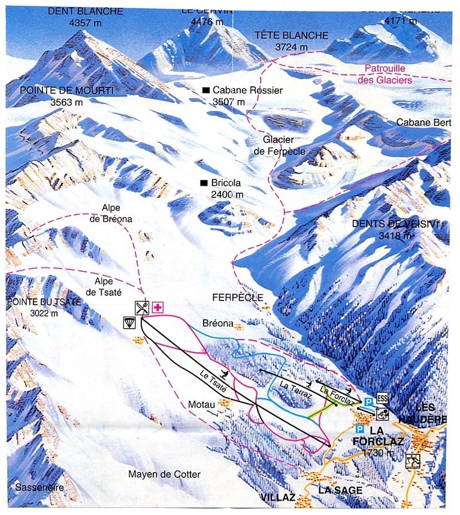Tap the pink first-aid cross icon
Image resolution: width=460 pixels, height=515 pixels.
click(x=158, y=308)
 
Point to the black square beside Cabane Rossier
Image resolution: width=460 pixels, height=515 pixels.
click(x=206, y=90)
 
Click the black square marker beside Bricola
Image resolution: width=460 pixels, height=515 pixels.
click(x=204, y=183)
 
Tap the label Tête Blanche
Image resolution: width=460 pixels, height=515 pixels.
click(x=291, y=35)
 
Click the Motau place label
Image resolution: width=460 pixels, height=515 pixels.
click(x=201, y=404)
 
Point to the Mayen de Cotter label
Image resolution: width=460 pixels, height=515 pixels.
click(x=164, y=474)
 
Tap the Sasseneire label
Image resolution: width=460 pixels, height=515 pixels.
click(x=40, y=487)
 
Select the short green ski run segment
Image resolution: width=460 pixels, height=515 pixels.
click(x=317, y=411)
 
